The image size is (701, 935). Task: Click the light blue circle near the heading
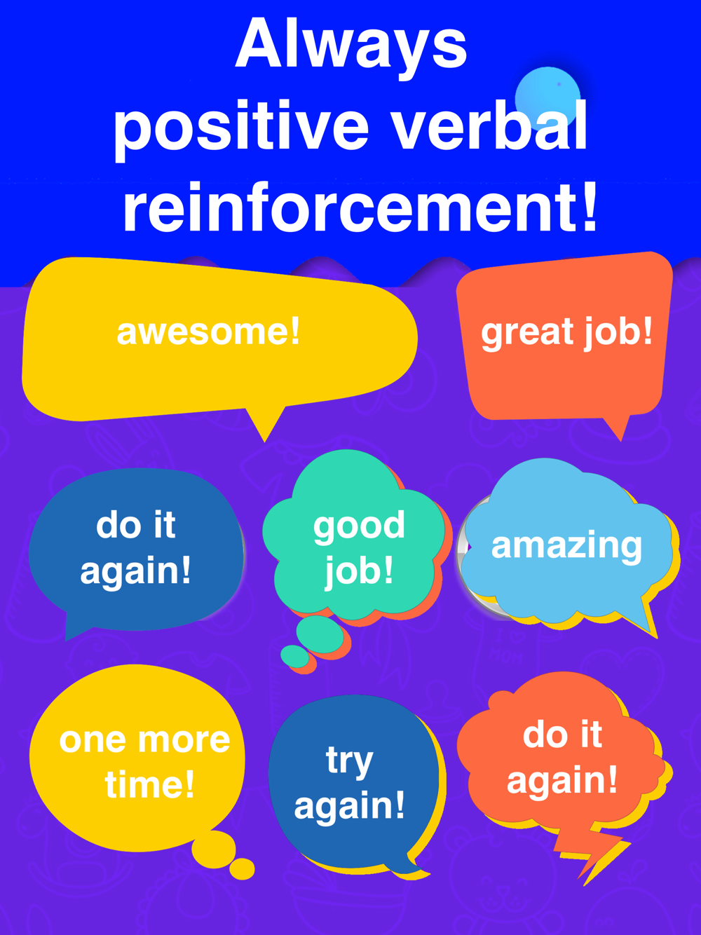click(x=547, y=99)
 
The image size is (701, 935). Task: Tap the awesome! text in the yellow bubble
click(x=209, y=332)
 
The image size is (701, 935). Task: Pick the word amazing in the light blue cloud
click(x=566, y=547)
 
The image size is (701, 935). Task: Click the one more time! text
click(x=145, y=762)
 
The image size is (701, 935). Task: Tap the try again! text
click(x=349, y=784)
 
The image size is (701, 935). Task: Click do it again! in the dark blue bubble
click(x=136, y=549)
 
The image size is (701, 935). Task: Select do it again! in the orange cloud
click(x=562, y=758)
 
